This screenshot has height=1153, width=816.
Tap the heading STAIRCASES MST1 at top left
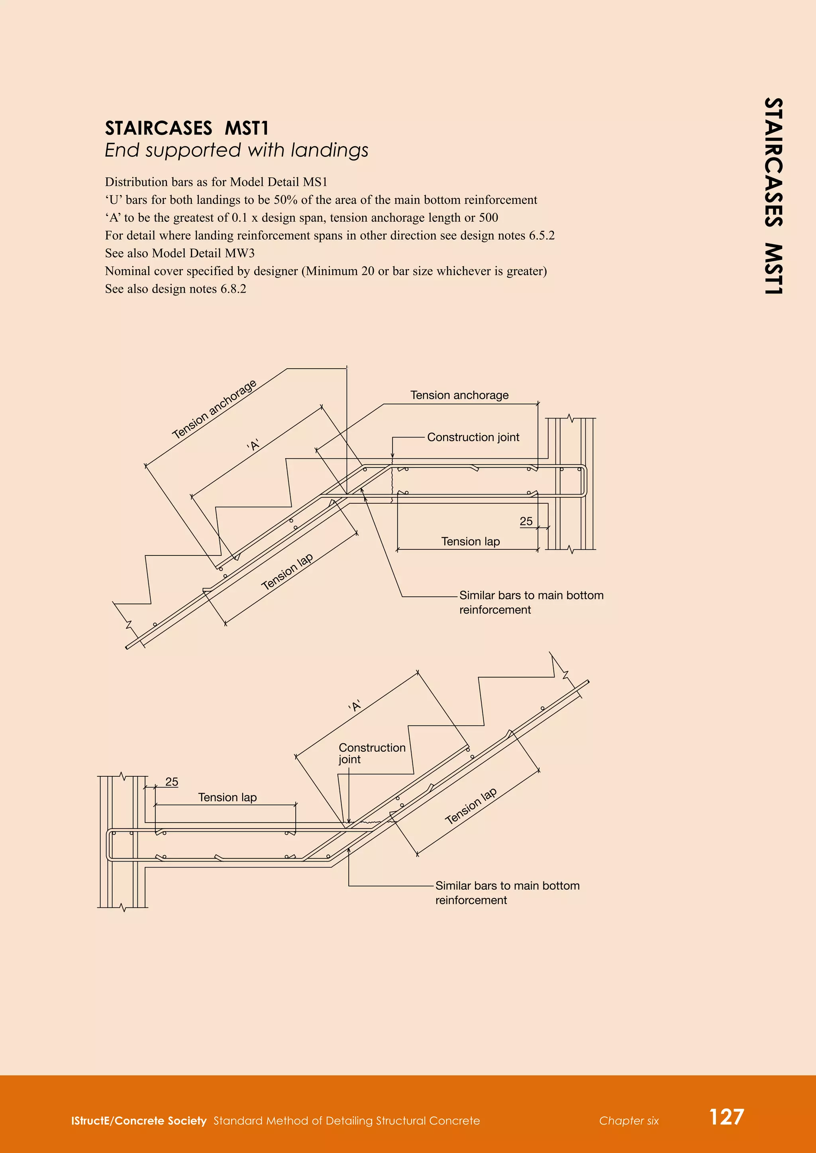[x=186, y=128]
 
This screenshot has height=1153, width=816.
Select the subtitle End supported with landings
[x=236, y=150]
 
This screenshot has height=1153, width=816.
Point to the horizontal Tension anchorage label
[x=459, y=395]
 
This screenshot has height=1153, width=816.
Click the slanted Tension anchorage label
[x=214, y=409]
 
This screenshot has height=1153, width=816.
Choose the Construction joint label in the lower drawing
[x=371, y=753]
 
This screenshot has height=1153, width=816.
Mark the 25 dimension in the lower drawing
[x=172, y=782]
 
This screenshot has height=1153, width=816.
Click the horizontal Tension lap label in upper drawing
[x=470, y=541]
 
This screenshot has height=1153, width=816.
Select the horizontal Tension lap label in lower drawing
[x=227, y=797]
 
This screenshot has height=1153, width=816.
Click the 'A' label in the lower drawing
[x=355, y=706]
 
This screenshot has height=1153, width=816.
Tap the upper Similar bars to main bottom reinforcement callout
[x=531, y=602]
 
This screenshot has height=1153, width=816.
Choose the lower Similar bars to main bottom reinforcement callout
[x=507, y=893]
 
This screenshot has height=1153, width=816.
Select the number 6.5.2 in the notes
[x=541, y=236]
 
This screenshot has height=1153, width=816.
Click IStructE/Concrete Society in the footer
[x=139, y=1121]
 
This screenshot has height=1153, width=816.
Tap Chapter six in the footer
[x=629, y=1121]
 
